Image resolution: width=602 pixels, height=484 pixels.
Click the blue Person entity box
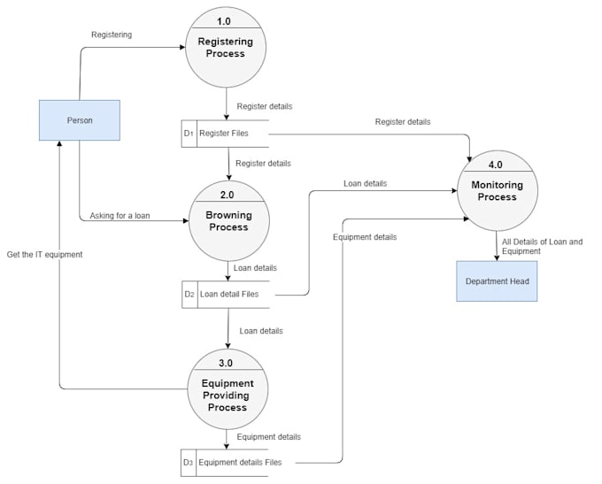80,120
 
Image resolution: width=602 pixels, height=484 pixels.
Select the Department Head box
497,281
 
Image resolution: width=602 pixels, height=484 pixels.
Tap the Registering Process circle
225,48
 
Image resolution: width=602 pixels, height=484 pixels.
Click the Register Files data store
232,134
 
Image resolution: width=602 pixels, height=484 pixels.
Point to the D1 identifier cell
188,134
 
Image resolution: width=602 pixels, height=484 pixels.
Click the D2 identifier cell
189,294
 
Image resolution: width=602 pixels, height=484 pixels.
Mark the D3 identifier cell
188,462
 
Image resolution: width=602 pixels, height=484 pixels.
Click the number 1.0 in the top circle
225,20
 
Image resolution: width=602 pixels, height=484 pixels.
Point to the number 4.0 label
496,165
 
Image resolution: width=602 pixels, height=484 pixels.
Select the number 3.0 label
226,363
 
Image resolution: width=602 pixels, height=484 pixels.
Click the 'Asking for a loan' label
120,216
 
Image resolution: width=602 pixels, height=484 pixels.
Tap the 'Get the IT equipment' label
44,254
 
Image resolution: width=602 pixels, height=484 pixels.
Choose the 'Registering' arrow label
112,35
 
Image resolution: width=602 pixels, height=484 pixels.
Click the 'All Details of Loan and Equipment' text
542,246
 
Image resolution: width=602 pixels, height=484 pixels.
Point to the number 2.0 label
228,195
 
